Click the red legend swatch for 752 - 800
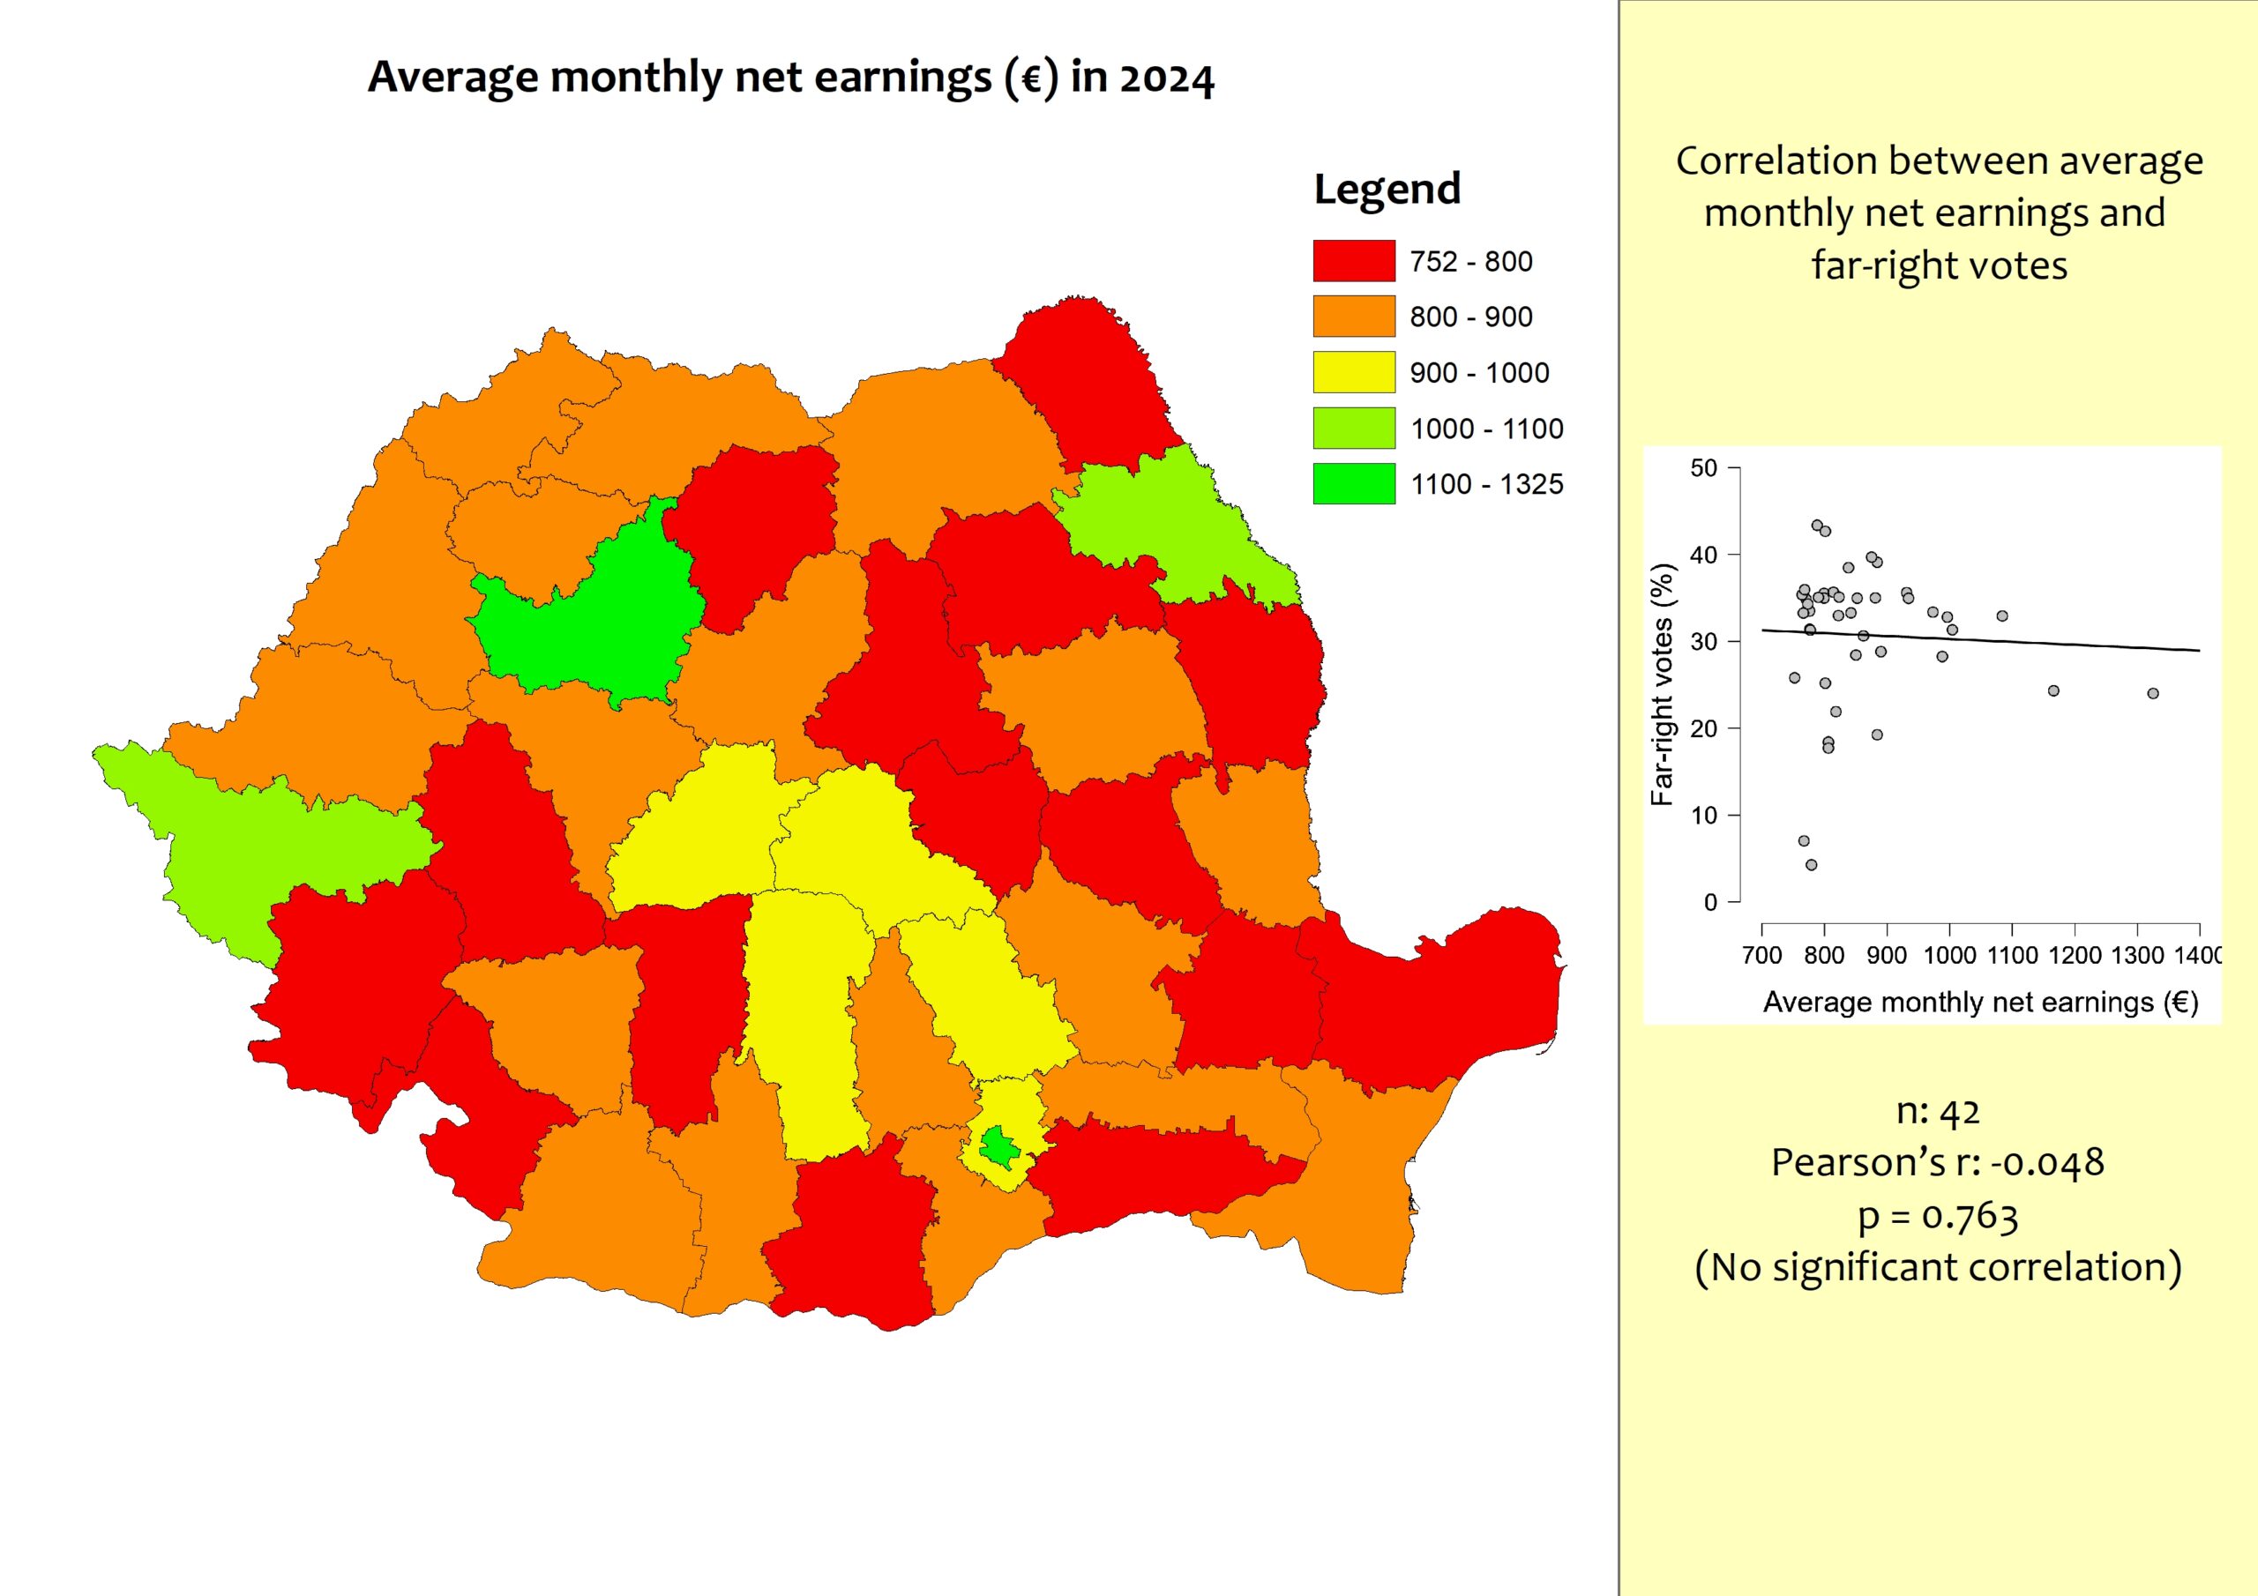(x=1353, y=261)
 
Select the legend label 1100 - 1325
(x=1486, y=485)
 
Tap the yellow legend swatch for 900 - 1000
(x=1353, y=372)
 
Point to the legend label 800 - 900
(x=1470, y=317)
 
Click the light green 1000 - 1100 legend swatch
(x=1353, y=428)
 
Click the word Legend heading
(x=1387, y=189)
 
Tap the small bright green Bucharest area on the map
(x=999, y=1145)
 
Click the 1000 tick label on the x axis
(x=1949, y=955)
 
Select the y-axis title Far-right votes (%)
(x=1662, y=684)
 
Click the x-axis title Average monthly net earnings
(x=1979, y=1002)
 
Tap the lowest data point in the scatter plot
(x=1812, y=865)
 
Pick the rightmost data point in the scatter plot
(x=2153, y=693)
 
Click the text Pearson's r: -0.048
(x=1938, y=1162)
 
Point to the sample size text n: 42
(x=1938, y=1110)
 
